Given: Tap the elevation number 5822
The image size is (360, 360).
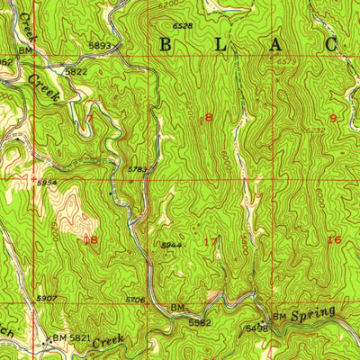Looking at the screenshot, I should tap(76, 70).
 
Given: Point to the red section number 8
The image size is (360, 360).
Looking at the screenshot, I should tap(209, 118).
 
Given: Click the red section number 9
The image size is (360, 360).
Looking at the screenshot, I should tap(332, 118).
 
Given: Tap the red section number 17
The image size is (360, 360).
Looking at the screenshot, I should tap(210, 241).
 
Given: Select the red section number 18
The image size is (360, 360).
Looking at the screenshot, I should tap(89, 240).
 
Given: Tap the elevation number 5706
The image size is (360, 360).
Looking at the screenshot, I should tap(135, 300).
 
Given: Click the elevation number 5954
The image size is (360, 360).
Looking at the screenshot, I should tap(47, 182).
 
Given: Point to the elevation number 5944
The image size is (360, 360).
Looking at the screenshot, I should tap(171, 245).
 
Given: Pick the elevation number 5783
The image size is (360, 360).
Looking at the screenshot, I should tap(137, 169).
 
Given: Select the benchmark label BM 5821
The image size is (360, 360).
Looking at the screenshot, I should tap(67, 337).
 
